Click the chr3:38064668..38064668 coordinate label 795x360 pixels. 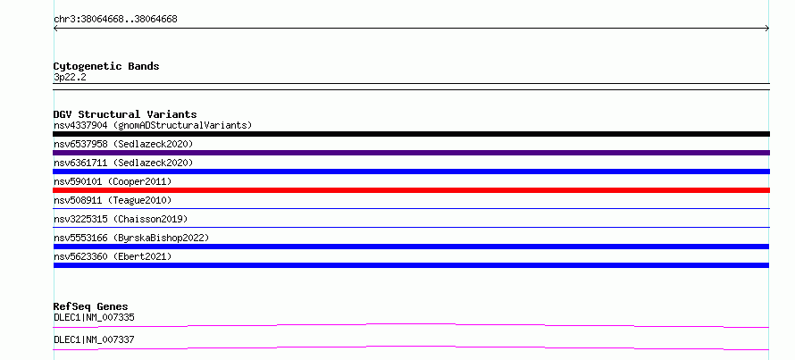tap(115, 20)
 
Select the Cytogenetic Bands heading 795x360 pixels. tap(106, 66)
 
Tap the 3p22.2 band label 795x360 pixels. tap(70, 77)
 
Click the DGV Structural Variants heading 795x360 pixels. tap(125, 114)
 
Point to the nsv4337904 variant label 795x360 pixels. tap(153, 125)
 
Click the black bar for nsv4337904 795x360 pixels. tap(411, 134)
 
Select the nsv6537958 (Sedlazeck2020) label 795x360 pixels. tap(123, 144)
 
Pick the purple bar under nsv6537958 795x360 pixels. tap(411, 153)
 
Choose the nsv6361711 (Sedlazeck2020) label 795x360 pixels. tap(123, 163)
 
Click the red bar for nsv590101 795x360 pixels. tap(411, 190)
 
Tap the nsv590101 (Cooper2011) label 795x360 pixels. tap(113, 181)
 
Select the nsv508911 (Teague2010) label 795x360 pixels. tap(113, 200)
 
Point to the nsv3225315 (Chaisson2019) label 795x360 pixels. tap(121, 219)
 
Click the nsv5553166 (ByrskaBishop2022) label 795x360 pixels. tap(131, 238)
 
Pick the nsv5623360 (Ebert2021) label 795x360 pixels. tap(113, 256)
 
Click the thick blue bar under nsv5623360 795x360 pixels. tap(411, 265)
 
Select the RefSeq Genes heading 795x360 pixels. tap(91, 306)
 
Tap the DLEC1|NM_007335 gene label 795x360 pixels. tap(94, 318)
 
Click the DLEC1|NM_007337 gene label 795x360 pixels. tap(94, 339)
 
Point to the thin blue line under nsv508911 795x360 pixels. tap(411, 208)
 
